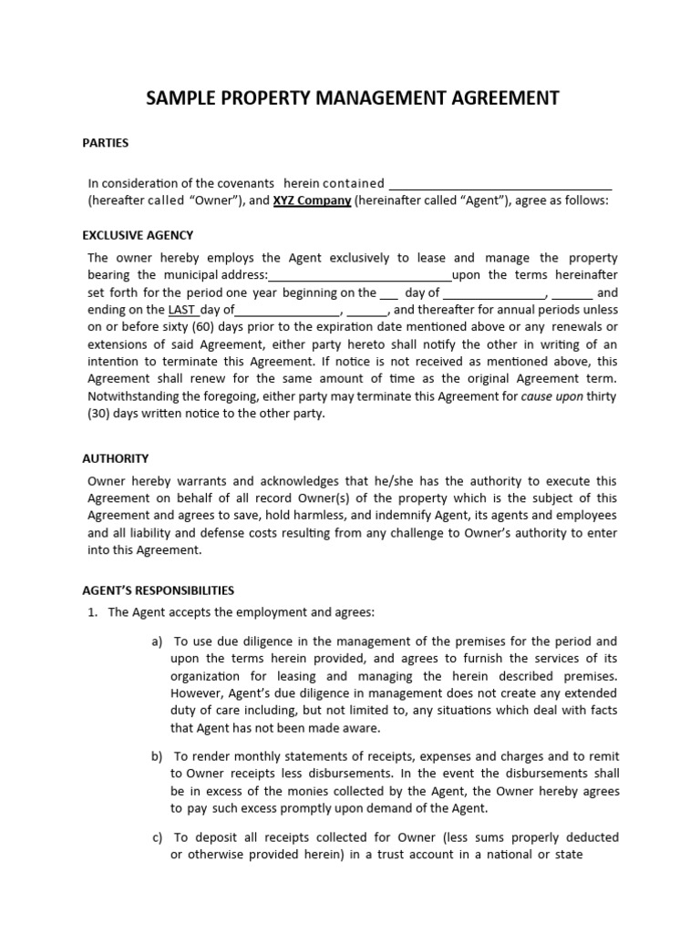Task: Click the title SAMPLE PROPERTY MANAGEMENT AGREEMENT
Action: tap(353, 98)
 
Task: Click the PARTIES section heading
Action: tap(106, 143)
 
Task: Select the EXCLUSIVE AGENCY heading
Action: tap(138, 235)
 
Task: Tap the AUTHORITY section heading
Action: tap(116, 458)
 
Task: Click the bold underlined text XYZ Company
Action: tap(313, 200)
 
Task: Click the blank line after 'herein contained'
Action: tap(500, 183)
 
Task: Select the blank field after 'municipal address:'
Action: tap(360, 275)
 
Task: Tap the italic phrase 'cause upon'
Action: tap(551, 396)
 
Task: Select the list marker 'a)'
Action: tap(157, 641)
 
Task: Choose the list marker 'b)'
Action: tap(157, 756)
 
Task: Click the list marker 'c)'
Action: tap(157, 837)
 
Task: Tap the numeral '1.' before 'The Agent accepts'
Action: tap(93, 612)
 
